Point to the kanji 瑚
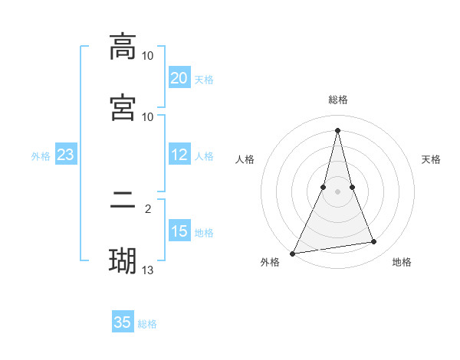click(x=123, y=261)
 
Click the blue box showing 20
click(x=179, y=78)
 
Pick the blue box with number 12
click(x=179, y=155)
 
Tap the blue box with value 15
click(x=179, y=231)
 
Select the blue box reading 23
click(x=65, y=155)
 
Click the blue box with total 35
click(x=123, y=322)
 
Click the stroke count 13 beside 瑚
click(x=148, y=269)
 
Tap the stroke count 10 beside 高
click(x=148, y=56)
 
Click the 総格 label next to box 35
click(x=147, y=324)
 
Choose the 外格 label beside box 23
click(x=41, y=156)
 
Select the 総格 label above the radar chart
click(x=337, y=100)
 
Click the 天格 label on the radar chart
click(x=431, y=159)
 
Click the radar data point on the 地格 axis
click(x=374, y=242)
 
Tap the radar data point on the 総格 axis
click(x=337, y=129)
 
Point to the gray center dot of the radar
click(x=337, y=191)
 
